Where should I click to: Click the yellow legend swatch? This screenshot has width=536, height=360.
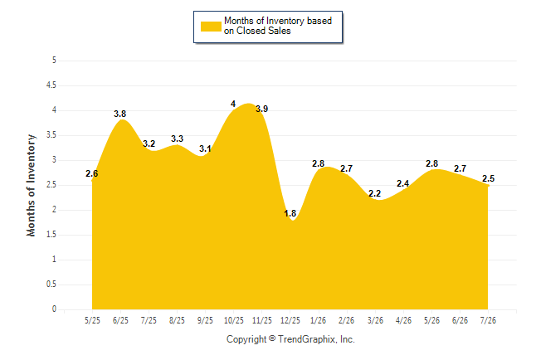pyautogui.click(x=211, y=27)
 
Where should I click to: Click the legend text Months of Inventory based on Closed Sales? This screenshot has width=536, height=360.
pyautogui.click(x=278, y=26)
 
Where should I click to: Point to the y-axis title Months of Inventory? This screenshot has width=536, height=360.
pyautogui.click(x=31, y=185)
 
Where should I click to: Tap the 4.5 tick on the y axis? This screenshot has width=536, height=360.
pyautogui.click(x=51, y=85)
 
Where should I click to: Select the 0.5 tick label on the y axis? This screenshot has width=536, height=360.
pyautogui.click(x=51, y=285)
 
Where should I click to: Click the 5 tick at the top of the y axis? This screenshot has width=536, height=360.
pyautogui.click(x=54, y=61)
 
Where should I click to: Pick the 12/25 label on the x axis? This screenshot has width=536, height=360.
pyautogui.click(x=290, y=320)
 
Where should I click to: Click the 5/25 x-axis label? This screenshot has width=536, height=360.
pyautogui.click(x=92, y=320)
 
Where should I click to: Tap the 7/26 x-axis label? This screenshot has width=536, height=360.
pyautogui.click(x=488, y=320)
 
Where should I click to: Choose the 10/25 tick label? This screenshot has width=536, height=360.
pyautogui.click(x=233, y=320)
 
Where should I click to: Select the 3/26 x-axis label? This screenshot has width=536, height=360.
pyautogui.click(x=375, y=320)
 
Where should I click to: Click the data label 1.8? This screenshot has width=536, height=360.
pyautogui.click(x=290, y=214)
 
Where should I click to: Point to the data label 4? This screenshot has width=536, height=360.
pyautogui.click(x=233, y=104)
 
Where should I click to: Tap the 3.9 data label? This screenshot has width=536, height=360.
pyautogui.click(x=262, y=109)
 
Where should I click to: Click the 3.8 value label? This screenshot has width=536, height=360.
pyautogui.click(x=120, y=114)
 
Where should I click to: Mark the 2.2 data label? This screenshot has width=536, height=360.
pyautogui.click(x=375, y=193)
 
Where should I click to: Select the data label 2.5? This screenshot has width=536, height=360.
pyautogui.click(x=488, y=178)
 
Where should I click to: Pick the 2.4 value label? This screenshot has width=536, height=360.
pyautogui.click(x=403, y=183)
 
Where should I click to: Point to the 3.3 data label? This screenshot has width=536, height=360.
pyautogui.click(x=177, y=139)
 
